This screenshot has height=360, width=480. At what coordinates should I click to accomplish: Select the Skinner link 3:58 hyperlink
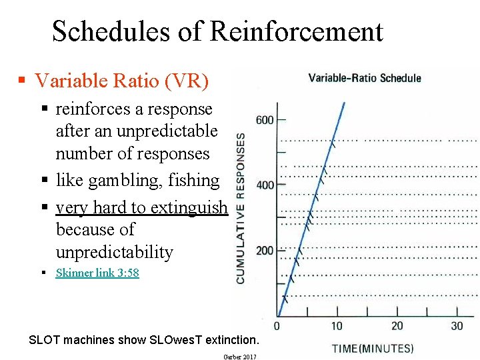97,273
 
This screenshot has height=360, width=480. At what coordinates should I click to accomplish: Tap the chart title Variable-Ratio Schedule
365,78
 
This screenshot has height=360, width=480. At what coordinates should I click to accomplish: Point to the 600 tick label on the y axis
265,120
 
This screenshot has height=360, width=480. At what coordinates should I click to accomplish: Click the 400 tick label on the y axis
265,185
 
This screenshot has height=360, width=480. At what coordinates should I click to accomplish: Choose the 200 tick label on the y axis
265,250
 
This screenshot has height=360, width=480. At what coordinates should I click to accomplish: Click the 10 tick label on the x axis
337,326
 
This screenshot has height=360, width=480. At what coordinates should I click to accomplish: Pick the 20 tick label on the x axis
397,326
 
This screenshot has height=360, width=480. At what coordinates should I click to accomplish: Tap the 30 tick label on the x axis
457,326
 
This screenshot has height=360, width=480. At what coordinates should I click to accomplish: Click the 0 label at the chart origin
277,326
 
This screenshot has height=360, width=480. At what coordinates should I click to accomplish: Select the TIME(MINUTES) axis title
373,348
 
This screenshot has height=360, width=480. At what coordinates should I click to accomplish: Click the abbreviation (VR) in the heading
187,81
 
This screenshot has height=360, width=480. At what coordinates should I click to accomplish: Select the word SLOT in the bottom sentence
43,340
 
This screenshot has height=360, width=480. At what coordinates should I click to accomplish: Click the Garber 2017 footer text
240,357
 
